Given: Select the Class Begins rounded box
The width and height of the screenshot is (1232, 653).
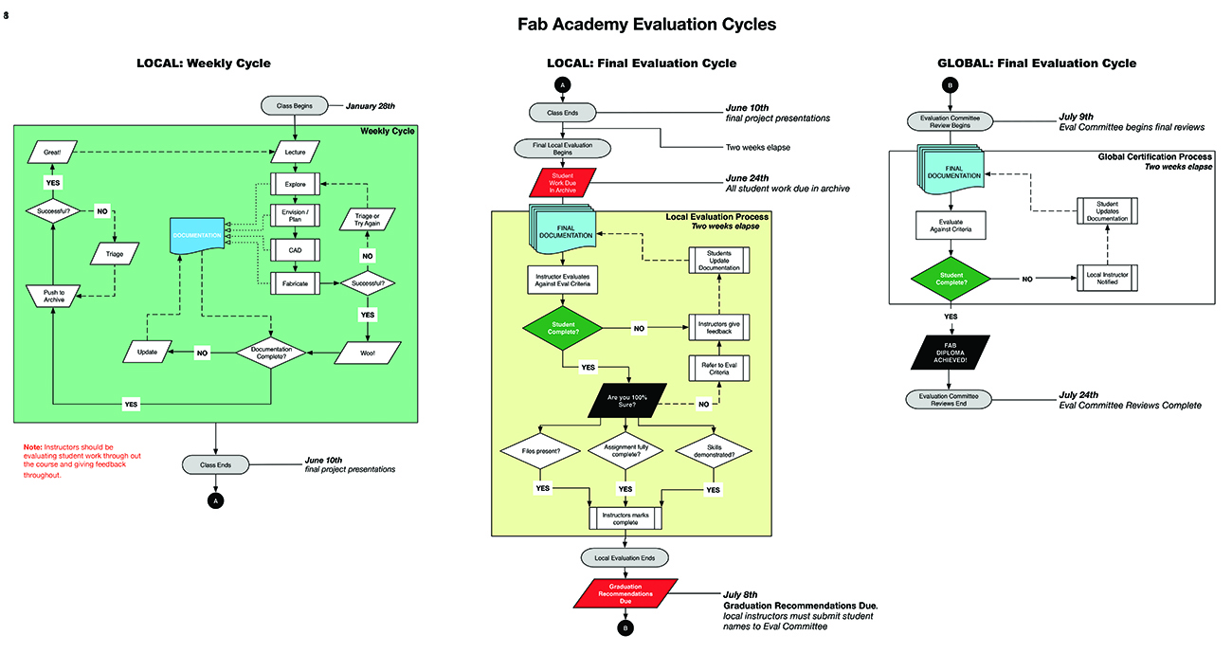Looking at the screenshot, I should [x=295, y=105].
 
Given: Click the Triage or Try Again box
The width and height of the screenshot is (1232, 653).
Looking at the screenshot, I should [x=366, y=219].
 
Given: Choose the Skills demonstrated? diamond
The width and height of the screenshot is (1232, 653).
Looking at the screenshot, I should [x=714, y=452].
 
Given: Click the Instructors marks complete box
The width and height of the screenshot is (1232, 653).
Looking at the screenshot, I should [x=625, y=517].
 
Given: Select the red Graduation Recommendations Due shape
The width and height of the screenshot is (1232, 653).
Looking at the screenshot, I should [x=625, y=592].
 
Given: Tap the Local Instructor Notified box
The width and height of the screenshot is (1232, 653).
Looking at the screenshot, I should [x=1107, y=279].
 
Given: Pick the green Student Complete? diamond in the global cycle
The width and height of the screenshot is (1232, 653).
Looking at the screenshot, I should [x=951, y=279].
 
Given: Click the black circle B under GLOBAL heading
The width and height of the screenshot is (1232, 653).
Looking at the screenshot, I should [x=951, y=86].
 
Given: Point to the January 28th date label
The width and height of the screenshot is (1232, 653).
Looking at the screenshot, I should [x=371, y=105].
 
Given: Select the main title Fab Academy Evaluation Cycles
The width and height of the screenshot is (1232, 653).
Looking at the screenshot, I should [x=646, y=25].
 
